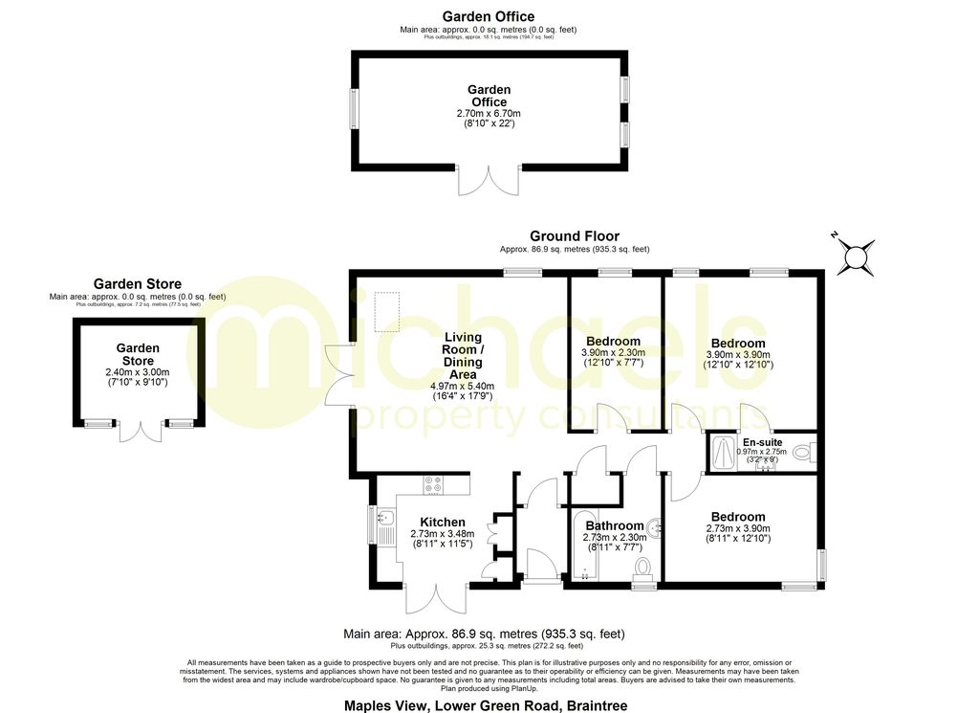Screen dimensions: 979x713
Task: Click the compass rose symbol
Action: pyautogui.click(x=856, y=256)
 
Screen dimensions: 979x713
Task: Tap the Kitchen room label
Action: pyautogui.click(x=436, y=522)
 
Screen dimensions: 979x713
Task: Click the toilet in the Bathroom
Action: pyautogui.click(x=642, y=568)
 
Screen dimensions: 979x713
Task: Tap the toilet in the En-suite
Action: pyautogui.click(x=801, y=450)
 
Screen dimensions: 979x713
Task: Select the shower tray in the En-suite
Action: pyautogui.click(x=724, y=453)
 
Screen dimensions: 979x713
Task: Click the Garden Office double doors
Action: pyautogui.click(x=488, y=181)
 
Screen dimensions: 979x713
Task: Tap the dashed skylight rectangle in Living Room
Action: pyautogui.click(x=386, y=311)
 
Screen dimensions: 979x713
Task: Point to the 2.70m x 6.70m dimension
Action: pyautogui.click(x=488, y=113)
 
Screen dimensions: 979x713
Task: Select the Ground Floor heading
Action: pyautogui.click(x=575, y=235)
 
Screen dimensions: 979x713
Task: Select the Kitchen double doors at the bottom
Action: pyautogui.click(x=436, y=598)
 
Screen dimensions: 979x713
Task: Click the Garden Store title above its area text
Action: pyautogui.click(x=137, y=284)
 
